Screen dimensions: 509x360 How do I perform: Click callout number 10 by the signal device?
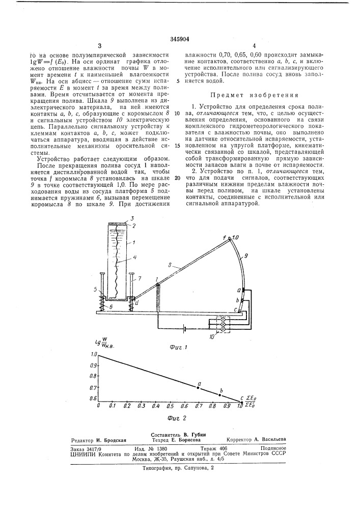click(x=220, y=336)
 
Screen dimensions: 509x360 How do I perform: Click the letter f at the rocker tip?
click(x=230, y=238)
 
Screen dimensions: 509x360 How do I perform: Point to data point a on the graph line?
click(x=199, y=388)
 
